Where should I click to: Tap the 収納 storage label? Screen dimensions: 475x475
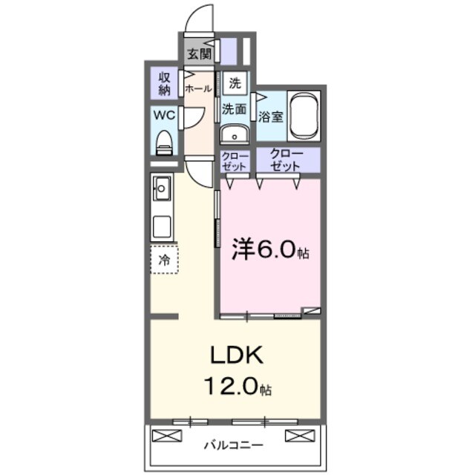click(164, 84)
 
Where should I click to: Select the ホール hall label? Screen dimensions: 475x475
click(198, 88)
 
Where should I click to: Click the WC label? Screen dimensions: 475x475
click(164, 115)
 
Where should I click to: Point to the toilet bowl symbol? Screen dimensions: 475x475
click(165, 142)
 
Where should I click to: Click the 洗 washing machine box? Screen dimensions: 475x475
click(235, 83)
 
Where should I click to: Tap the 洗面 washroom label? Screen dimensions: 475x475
click(235, 108)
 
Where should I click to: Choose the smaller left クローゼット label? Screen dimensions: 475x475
click(235, 160)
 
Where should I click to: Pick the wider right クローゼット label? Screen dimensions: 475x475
click(286, 160)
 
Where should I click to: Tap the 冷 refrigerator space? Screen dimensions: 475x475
click(164, 259)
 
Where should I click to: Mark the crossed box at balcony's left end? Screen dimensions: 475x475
click(163, 436)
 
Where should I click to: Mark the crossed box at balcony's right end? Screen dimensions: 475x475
click(295, 436)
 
